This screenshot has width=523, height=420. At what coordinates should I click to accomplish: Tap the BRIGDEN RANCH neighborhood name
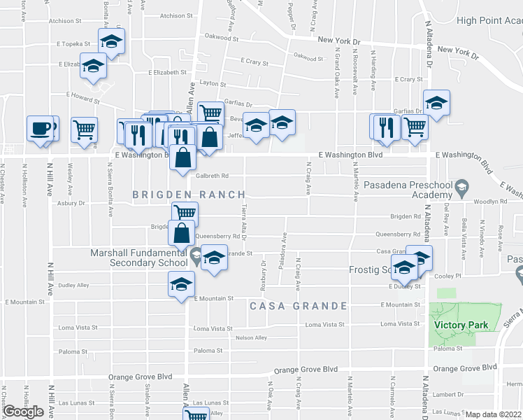[x=189, y=195]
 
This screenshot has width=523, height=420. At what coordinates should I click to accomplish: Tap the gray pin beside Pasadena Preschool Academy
[x=462, y=187]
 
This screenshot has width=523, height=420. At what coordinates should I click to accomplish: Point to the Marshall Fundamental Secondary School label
[x=138, y=258]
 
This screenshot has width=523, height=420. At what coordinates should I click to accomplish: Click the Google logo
[x=23, y=412]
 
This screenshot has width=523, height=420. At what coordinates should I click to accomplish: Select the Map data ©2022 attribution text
[x=494, y=414]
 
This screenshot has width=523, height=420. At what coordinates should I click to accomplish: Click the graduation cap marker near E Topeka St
[x=111, y=44]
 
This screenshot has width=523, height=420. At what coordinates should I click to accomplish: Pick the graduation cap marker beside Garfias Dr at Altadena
[x=436, y=105]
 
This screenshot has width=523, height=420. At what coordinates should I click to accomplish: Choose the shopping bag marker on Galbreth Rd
[x=182, y=158]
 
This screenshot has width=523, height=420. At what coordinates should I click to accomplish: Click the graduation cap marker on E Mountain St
[x=181, y=285]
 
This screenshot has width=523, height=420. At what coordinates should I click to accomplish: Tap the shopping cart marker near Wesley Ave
[x=84, y=129]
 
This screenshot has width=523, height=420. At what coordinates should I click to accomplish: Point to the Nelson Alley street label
[x=252, y=337]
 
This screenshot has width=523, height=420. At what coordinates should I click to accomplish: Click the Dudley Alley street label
[x=73, y=286]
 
